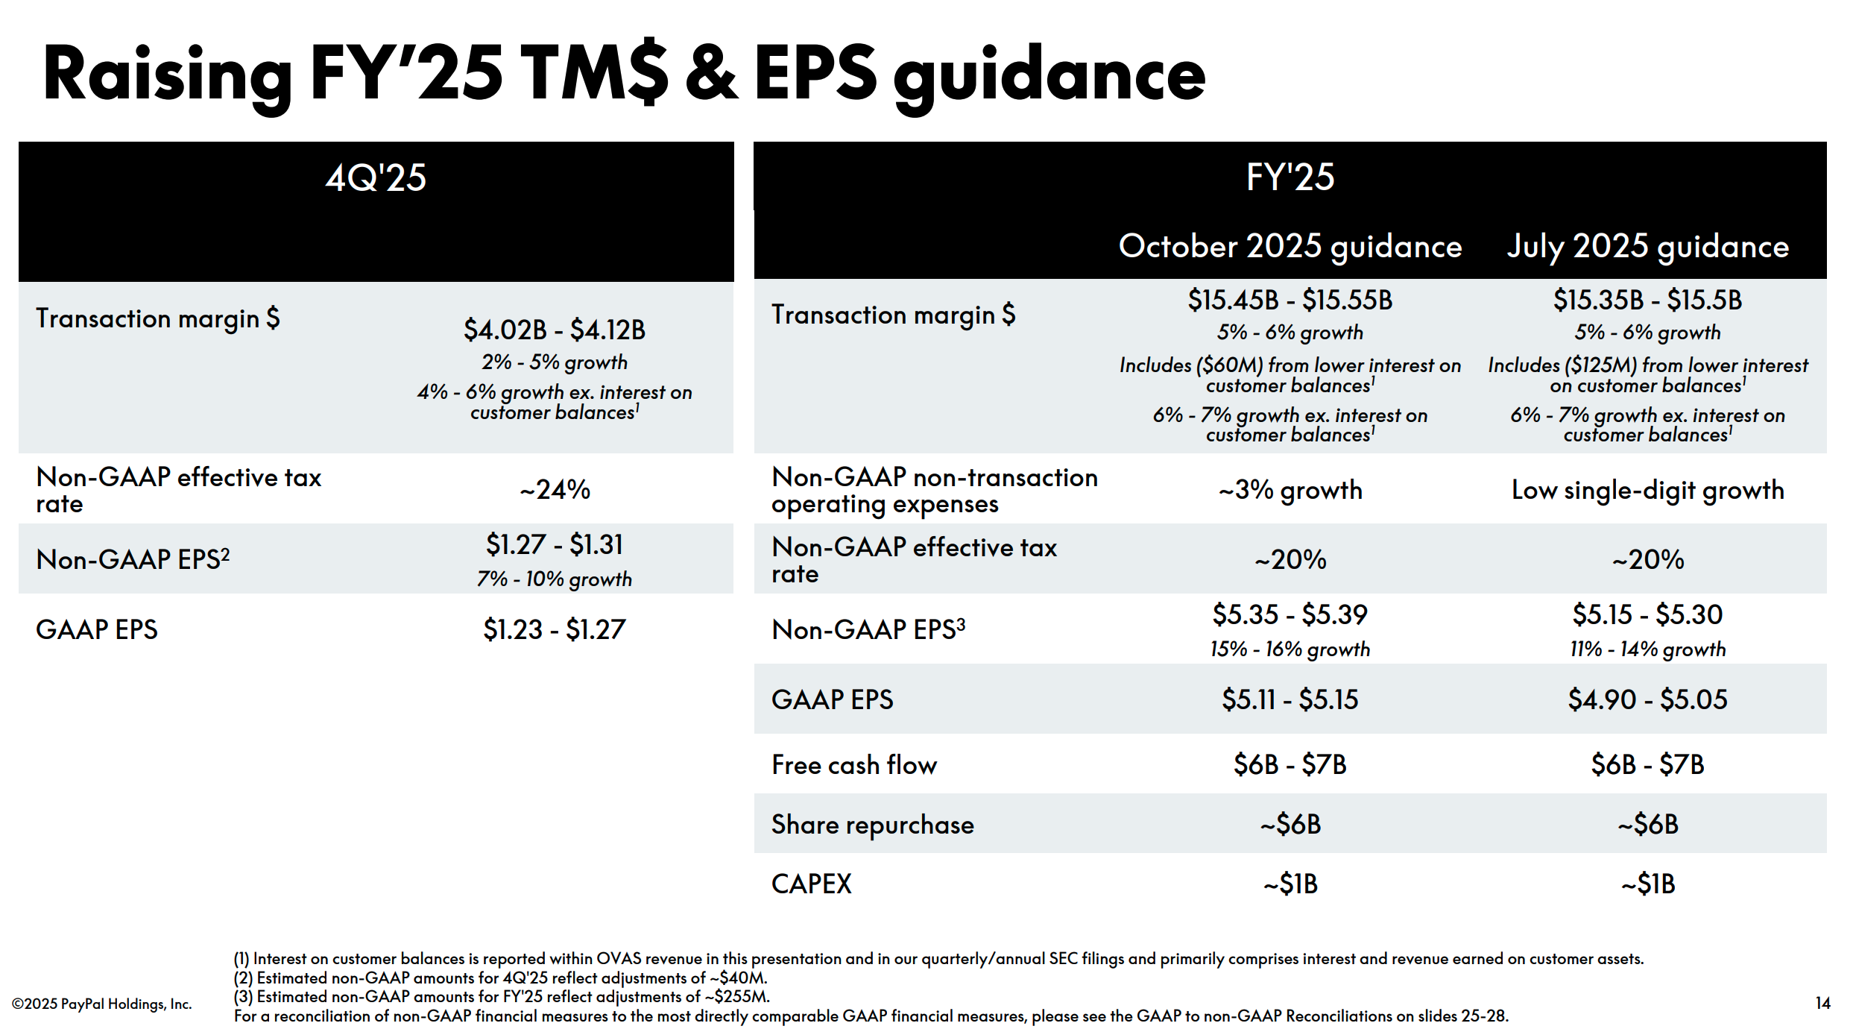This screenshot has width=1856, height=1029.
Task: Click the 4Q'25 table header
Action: pos(376,177)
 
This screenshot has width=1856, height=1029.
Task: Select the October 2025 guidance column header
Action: pos(1290,247)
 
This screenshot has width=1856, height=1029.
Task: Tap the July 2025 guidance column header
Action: pos(1648,247)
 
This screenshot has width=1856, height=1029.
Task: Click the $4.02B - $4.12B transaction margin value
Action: pos(555,330)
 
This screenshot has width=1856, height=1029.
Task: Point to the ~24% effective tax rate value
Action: pos(555,490)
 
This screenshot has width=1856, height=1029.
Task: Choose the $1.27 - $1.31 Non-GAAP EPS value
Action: pos(555,545)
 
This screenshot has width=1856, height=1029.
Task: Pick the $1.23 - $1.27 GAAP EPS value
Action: pos(555,630)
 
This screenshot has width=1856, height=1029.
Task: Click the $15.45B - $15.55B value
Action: pos(1290,300)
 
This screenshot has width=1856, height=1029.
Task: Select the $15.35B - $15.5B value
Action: pos(1648,300)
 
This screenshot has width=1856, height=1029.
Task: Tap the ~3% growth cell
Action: pos(1290,490)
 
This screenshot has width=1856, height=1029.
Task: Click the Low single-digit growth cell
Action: pos(1648,490)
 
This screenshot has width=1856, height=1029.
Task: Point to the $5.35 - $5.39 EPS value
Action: pos(1290,614)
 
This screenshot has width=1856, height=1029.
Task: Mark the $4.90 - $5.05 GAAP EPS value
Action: pos(1648,699)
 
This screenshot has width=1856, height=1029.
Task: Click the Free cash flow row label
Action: pos(854,765)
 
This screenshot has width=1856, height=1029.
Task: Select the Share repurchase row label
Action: pos(873,825)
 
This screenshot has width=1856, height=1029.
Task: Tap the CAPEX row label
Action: pos(812,884)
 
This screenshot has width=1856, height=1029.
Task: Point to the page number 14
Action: pos(1823,1003)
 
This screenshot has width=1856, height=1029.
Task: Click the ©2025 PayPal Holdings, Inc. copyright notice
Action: pos(102,1004)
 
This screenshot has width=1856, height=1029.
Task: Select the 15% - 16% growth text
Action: pos(1290,649)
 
